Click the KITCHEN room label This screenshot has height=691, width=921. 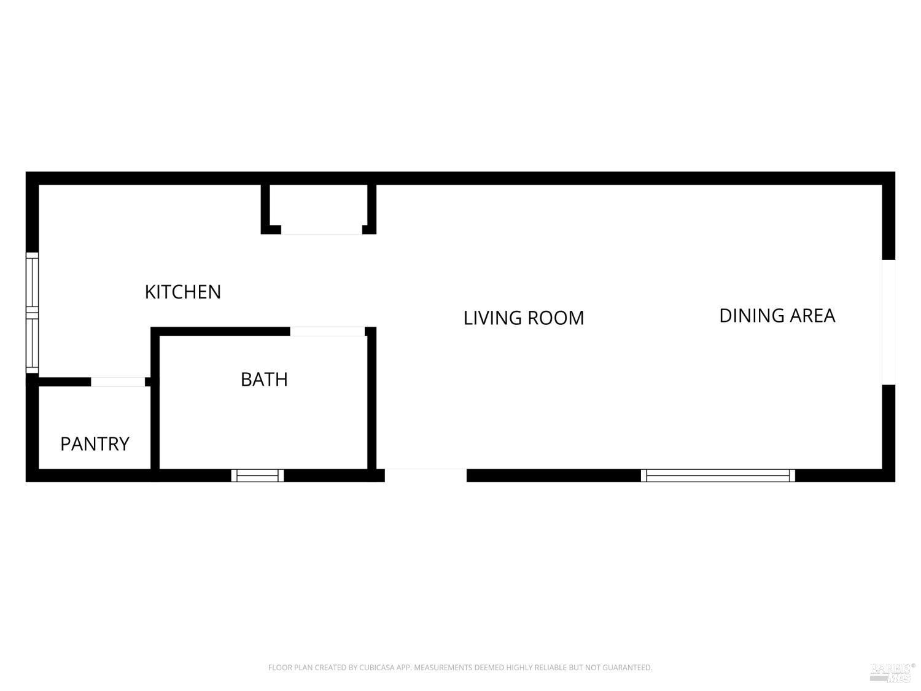[183, 292]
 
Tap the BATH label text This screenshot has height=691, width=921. [265, 380]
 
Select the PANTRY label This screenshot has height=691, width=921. [95, 444]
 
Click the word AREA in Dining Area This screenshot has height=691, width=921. [812, 316]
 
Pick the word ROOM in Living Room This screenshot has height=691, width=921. [556, 318]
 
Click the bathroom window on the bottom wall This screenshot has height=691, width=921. [258, 476]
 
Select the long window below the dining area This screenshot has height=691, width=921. [718, 476]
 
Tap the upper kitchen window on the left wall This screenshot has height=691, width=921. [33, 282]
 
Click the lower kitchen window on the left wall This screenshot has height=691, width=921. [33, 343]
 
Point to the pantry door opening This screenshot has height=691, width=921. [118, 382]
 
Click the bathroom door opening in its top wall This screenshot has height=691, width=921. [327, 332]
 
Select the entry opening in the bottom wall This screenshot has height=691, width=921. [426, 475]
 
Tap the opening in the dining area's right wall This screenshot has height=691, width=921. [888, 322]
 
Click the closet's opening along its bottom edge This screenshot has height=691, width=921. [321, 230]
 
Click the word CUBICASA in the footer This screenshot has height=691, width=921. [378, 668]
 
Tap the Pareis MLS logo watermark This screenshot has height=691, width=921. [892, 673]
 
